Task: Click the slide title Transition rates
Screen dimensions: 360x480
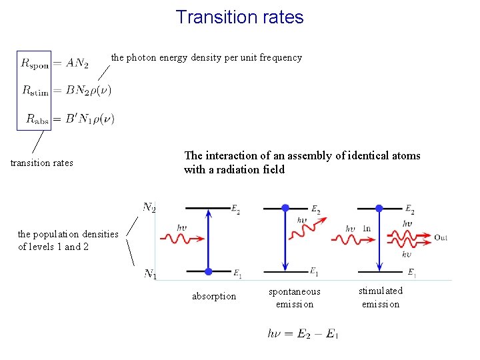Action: click(x=239, y=17)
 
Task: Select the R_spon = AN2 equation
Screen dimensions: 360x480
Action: click(x=55, y=63)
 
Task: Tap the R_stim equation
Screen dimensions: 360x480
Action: click(x=66, y=90)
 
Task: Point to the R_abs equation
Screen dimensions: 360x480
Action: click(x=70, y=119)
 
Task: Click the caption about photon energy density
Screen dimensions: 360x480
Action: click(x=206, y=57)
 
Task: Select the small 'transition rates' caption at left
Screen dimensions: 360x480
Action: click(x=42, y=163)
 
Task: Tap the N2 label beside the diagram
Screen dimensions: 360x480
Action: click(x=149, y=207)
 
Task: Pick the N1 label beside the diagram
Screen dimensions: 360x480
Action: click(x=149, y=274)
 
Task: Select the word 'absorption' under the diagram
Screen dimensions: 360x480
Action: click(x=213, y=296)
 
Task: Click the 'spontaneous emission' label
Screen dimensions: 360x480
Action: click(x=294, y=297)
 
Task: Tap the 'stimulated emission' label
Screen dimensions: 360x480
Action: click(x=381, y=297)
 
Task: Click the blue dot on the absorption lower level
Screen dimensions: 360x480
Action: click(x=209, y=271)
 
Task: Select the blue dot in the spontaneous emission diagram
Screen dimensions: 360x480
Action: click(x=285, y=208)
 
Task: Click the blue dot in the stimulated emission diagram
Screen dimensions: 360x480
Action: click(x=379, y=208)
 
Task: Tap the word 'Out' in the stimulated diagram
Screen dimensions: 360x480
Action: click(x=441, y=237)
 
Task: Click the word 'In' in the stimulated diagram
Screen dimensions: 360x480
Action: click(x=367, y=229)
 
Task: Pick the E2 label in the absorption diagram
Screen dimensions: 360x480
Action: click(x=235, y=209)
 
